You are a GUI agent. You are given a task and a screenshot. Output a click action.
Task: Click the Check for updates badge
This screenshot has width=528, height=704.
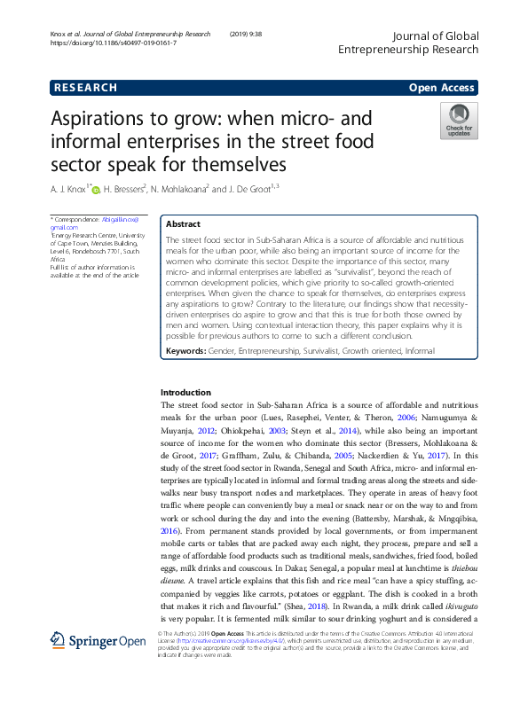pyautogui.click(x=459, y=121)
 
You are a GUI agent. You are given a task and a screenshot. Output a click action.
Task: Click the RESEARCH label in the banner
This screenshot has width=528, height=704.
pyautogui.click(x=85, y=88)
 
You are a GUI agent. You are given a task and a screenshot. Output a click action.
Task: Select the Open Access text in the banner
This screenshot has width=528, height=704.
pyautogui.click(x=443, y=88)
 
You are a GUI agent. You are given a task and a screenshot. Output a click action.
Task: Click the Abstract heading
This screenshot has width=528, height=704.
pyautogui.click(x=184, y=224)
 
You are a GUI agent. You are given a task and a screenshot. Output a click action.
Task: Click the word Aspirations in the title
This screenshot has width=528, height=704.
pyautogui.click(x=99, y=120)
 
